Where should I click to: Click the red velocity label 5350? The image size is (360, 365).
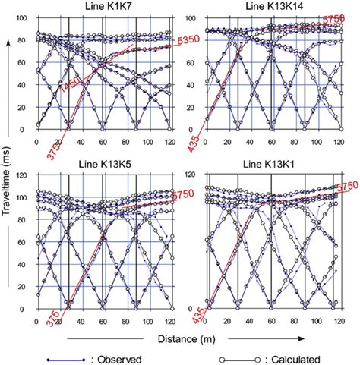160,41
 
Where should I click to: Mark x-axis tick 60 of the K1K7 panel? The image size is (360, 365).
103,142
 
